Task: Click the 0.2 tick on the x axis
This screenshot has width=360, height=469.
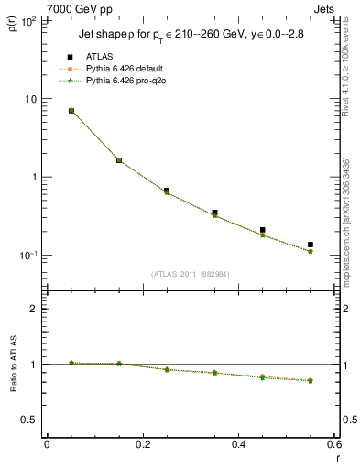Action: [143, 444]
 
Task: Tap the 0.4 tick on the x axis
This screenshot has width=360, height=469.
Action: [239, 444]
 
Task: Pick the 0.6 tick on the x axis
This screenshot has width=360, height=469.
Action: [334, 444]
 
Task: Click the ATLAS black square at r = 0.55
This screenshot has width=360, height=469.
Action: [311, 245]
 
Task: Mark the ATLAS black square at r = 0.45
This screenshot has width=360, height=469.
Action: [263, 230]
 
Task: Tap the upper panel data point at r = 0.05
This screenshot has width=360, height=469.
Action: [71, 111]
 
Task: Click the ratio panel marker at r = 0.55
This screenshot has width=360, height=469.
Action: [311, 380]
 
